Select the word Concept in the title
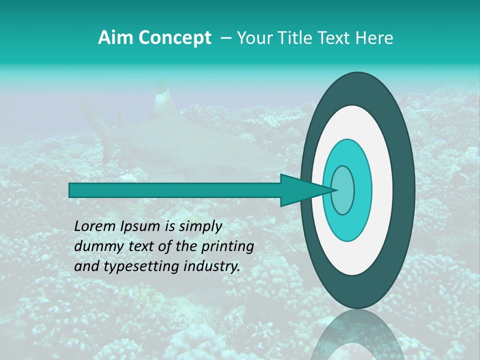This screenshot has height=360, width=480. (174, 38)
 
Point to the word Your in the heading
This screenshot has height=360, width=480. (252, 38)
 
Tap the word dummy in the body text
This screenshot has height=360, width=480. (95, 247)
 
